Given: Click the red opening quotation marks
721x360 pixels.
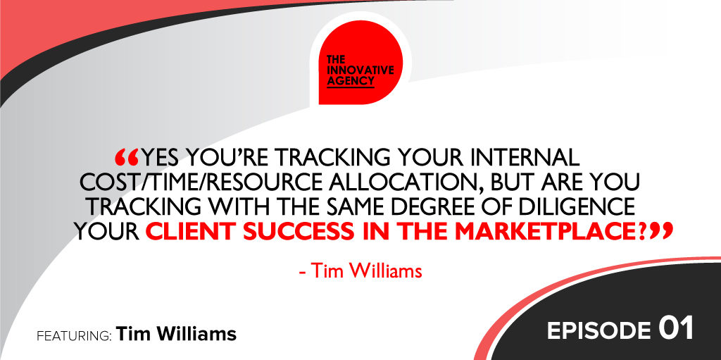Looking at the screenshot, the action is (127, 158).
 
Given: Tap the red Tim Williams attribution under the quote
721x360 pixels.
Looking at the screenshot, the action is (360, 271).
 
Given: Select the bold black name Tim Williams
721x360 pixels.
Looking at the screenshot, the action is (177, 334).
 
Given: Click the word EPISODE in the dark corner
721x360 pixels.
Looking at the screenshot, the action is (598, 331).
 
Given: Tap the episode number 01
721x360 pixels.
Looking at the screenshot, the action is (675, 330).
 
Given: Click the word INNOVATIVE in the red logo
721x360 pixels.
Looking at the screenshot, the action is (360, 70).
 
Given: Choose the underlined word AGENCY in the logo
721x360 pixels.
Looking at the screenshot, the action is (350, 81).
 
